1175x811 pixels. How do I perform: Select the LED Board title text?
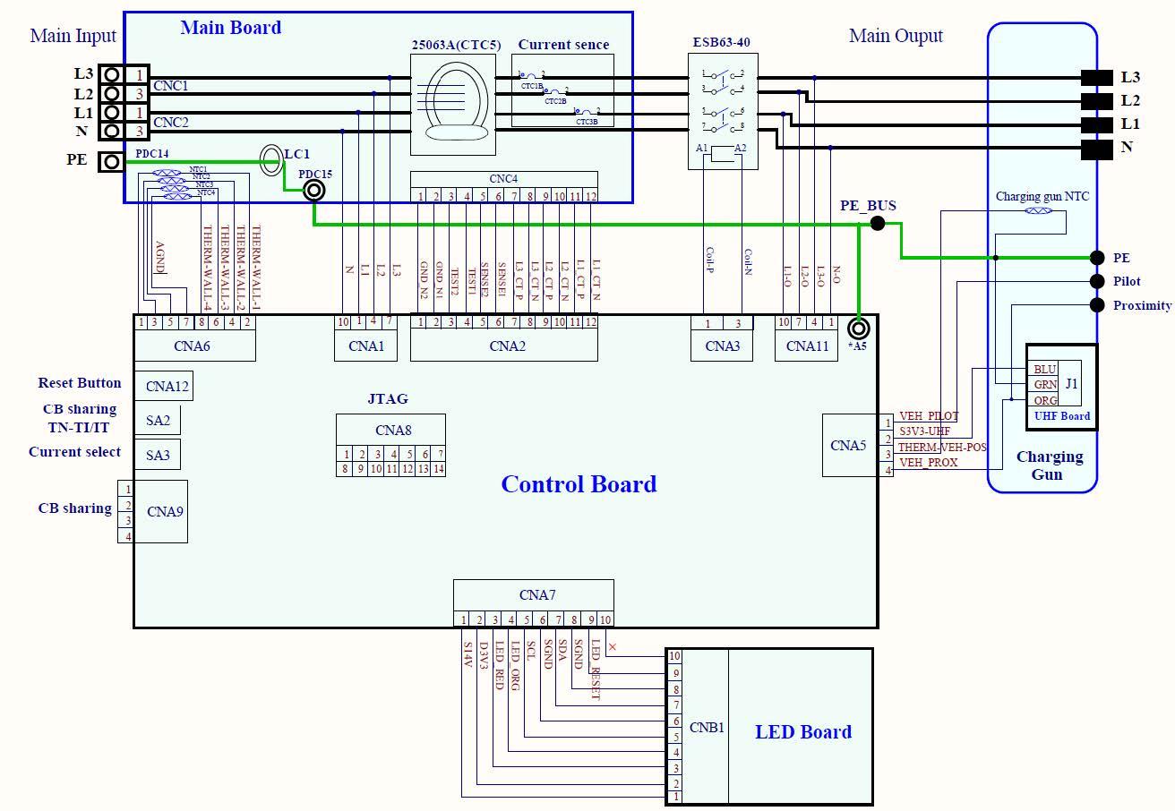803,732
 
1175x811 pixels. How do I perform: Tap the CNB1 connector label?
707,728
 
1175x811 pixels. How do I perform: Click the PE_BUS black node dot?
878,223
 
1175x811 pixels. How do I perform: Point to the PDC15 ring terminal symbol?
313,190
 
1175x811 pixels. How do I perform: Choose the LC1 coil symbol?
270,160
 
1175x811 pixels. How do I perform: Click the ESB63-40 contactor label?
721,42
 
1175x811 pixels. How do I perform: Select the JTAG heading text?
387,399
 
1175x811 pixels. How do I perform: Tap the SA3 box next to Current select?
158,456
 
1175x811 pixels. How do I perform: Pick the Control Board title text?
579,484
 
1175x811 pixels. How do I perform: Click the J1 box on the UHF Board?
1070,384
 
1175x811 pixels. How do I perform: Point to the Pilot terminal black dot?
1097,281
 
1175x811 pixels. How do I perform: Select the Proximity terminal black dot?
1097,305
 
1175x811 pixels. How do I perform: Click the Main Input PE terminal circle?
111,161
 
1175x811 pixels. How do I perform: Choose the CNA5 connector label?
847,445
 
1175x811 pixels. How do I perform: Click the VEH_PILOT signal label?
929,416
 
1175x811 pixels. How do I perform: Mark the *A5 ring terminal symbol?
858,329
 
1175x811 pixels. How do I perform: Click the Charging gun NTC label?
1042,197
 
